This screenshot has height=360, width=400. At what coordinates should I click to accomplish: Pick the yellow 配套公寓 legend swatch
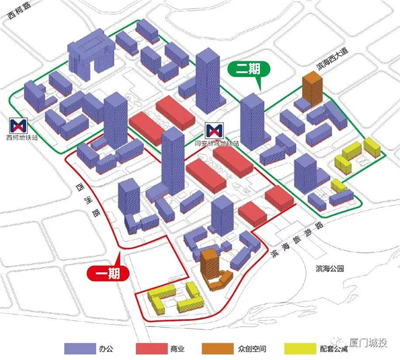click(296, 348)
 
